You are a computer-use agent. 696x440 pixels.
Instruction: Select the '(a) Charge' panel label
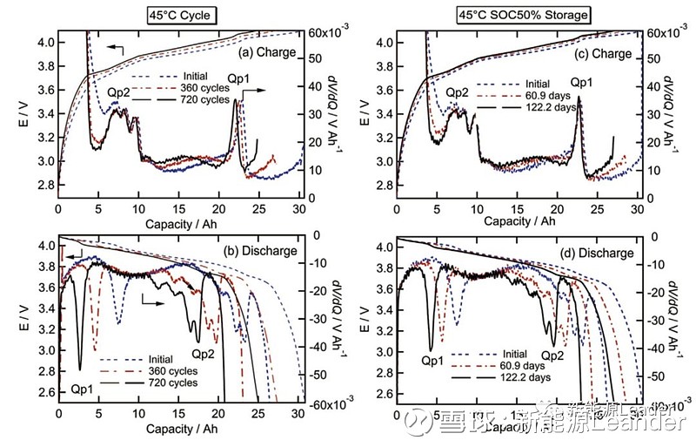pyautogui.click(x=271, y=53)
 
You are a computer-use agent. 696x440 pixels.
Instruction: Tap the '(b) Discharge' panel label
pyautogui.click(x=265, y=251)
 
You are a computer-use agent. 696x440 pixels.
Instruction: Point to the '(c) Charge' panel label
pyautogui.click(x=606, y=53)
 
